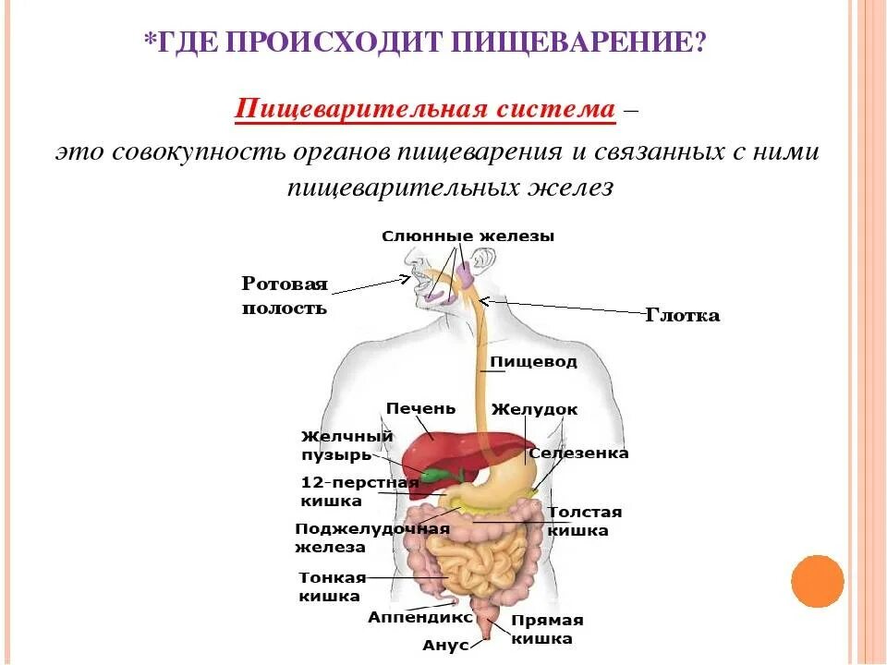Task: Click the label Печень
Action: pos(420,408)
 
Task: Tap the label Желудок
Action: pos(534,409)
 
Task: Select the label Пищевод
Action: pos(533,362)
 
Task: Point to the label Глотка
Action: pos(682,316)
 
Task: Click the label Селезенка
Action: pos(578,453)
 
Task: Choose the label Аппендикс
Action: pos(420,617)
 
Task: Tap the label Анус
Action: pos(445,646)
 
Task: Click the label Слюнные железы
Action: pos(468,236)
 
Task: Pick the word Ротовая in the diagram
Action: pos(285,284)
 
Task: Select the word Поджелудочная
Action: pos(372,529)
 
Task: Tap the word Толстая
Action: pos(585,513)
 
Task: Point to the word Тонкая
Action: pos(333,578)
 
